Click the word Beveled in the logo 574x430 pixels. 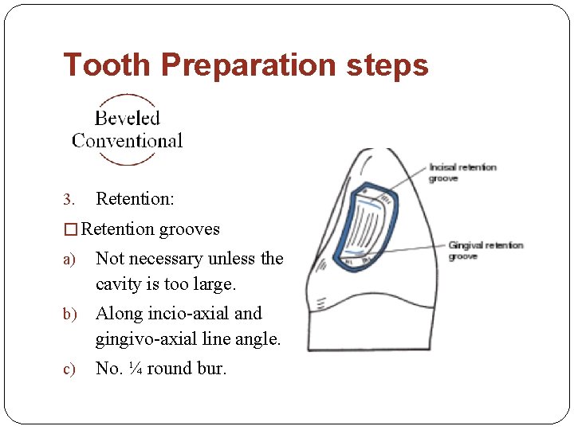click(x=128, y=119)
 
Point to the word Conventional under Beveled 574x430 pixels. click(x=128, y=142)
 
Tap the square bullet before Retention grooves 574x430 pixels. click(x=71, y=229)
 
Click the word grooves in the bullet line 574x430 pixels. click(x=190, y=229)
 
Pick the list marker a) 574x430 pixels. click(x=69, y=260)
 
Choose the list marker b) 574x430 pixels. click(x=69, y=314)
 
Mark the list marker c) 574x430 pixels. click(x=69, y=369)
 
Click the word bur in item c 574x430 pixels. click(x=212, y=368)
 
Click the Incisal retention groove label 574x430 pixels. click(x=462, y=173)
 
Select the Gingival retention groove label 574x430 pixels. click(x=485, y=250)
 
